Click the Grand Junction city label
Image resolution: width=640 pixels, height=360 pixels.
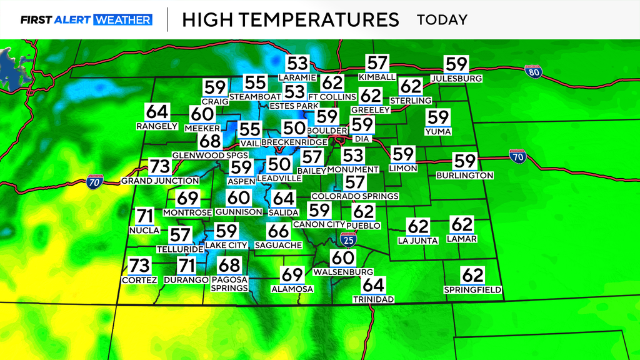(x=160, y=181)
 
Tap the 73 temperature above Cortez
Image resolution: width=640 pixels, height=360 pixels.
(x=139, y=265)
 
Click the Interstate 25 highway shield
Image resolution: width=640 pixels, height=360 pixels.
(x=348, y=239)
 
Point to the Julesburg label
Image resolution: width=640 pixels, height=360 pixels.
(x=456, y=79)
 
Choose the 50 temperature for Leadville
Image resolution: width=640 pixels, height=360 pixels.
(x=279, y=165)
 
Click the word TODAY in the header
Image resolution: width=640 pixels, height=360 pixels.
(x=442, y=19)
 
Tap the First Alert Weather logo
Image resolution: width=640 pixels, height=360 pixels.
(x=86, y=19)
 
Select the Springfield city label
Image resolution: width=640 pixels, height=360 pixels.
(x=473, y=290)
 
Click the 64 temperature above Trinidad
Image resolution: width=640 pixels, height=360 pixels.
(x=372, y=285)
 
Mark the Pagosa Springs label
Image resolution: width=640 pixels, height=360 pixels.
(x=229, y=284)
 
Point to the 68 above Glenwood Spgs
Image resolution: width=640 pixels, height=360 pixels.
(x=211, y=141)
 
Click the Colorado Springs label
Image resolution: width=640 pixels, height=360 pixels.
(x=354, y=196)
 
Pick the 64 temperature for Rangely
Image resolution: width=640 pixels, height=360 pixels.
(x=157, y=112)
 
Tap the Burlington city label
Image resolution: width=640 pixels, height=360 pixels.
(x=464, y=176)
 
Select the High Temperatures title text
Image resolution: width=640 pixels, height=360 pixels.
(x=290, y=19)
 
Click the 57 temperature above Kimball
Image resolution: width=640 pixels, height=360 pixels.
(x=377, y=63)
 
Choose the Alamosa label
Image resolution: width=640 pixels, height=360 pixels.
(x=292, y=289)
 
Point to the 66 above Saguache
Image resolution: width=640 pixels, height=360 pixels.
(x=278, y=231)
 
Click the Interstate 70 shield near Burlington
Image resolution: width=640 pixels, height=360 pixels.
(x=517, y=157)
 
